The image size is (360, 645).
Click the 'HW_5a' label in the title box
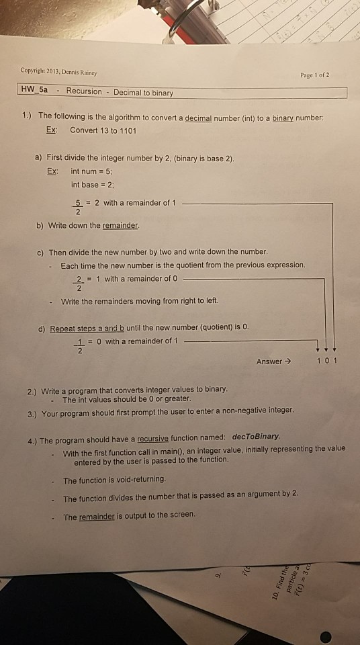point(35,91)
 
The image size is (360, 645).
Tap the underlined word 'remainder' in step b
point(120,226)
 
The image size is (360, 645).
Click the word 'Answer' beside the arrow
point(269,361)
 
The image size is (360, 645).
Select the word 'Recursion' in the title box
point(84,91)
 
